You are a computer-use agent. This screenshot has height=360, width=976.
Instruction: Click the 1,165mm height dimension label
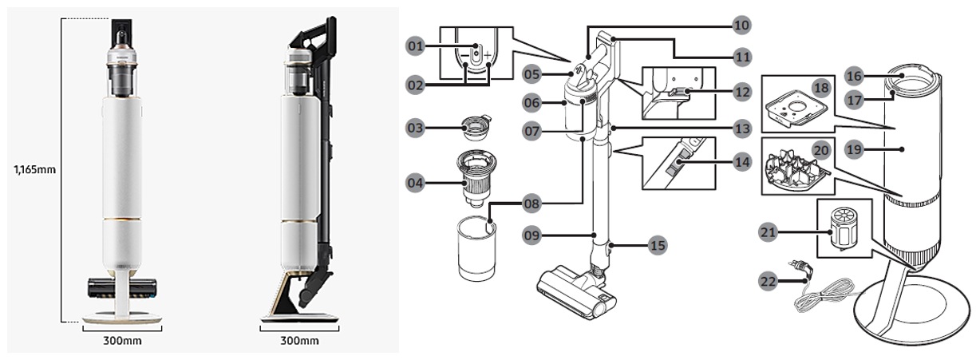34,169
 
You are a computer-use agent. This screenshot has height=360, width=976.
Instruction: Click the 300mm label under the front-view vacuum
122,340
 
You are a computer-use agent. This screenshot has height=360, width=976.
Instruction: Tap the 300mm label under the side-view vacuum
299,340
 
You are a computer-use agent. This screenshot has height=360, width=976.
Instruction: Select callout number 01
416,45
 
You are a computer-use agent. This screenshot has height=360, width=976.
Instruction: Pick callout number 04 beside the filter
415,183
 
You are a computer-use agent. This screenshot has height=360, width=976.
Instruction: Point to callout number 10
741,26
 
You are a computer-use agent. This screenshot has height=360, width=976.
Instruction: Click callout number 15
657,245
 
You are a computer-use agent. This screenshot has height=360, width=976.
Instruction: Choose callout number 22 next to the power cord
768,281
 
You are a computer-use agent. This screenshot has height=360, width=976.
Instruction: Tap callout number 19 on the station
854,149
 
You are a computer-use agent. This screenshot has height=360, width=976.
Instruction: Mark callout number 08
531,204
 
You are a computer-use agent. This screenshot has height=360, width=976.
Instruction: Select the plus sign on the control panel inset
488,55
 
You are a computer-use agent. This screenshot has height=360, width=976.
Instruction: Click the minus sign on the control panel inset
464,55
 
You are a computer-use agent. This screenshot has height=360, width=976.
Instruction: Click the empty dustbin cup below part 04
476,248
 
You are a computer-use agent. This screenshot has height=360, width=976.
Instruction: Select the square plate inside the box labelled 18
796,109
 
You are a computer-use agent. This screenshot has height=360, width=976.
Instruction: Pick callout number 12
741,92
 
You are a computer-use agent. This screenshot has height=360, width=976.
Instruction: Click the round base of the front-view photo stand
122,319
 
